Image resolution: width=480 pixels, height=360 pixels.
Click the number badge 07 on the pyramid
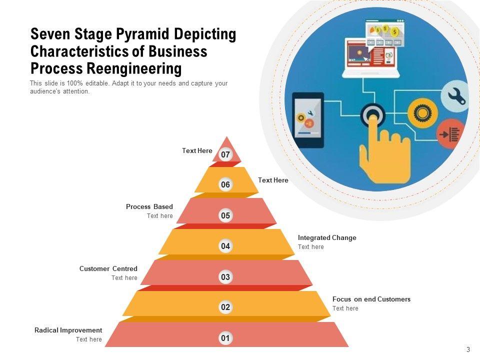point(225,155)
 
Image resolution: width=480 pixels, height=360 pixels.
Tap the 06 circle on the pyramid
point(225,185)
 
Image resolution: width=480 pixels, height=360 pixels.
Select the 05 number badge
point(225,216)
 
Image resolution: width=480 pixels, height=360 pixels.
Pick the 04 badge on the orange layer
point(225,246)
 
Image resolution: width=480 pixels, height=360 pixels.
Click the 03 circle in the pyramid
point(225,277)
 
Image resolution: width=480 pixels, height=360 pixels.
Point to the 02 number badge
point(225,307)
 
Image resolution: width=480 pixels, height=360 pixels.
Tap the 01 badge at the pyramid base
point(225,338)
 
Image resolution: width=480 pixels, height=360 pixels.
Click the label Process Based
point(149,206)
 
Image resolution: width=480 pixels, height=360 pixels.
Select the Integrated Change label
point(327,237)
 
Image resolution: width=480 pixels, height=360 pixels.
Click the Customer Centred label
point(108,268)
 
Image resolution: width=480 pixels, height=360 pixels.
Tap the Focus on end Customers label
point(371,299)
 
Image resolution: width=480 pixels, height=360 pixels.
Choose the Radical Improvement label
point(68,330)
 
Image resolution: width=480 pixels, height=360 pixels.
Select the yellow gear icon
point(422,113)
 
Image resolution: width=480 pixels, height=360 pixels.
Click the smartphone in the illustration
point(307,120)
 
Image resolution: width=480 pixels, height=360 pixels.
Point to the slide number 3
point(468,349)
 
